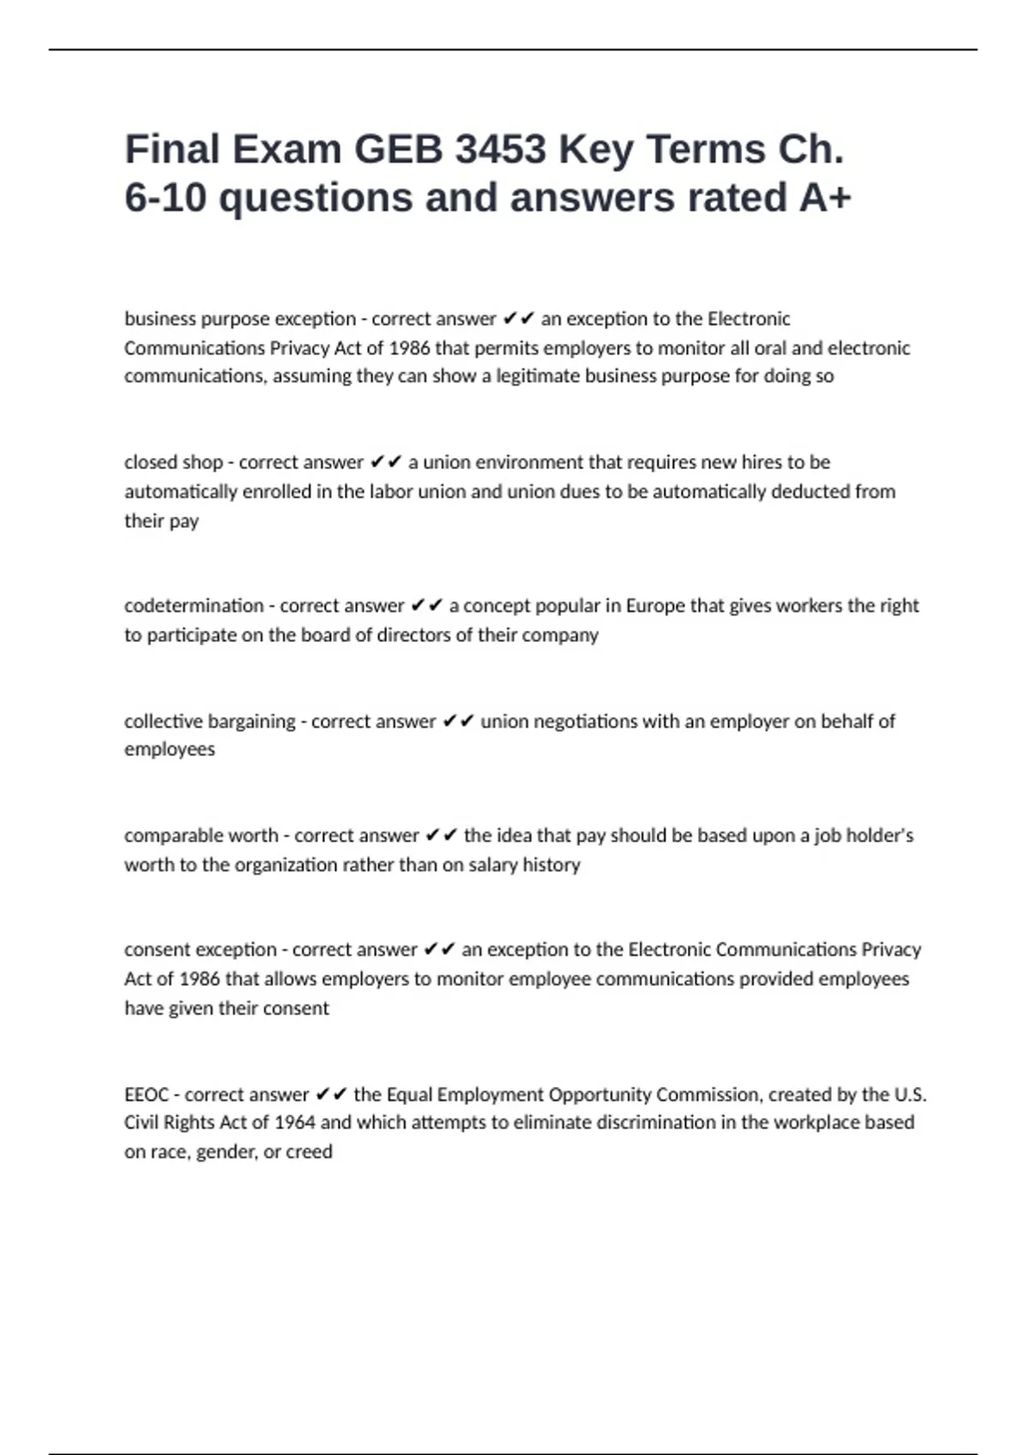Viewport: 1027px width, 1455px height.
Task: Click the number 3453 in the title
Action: point(501,150)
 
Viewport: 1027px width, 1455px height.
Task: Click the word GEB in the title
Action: point(398,150)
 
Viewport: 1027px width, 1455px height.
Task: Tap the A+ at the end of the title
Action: point(825,199)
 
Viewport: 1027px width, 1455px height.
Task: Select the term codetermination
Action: point(194,606)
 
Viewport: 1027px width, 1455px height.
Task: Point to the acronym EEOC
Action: point(146,1095)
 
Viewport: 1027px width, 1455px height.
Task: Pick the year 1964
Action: point(294,1122)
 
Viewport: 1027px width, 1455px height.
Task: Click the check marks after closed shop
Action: point(386,462)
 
